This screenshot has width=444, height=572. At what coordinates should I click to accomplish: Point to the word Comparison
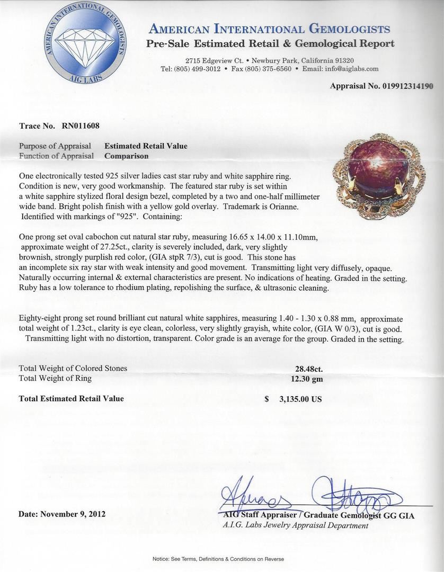pos(126,156)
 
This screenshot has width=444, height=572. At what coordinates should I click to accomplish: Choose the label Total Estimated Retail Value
pos(72,398)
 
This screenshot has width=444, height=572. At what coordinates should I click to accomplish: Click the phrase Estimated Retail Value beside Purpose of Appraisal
pos(146,146)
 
